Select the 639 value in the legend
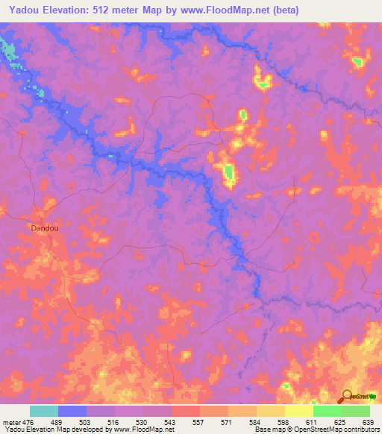pyautogui.click(x=366, y=422)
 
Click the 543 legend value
pyautogui.click(x=169, y=422)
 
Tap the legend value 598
pyautogui.click(x=281, y=422)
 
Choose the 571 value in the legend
pyautogui.click(x=225, y=422)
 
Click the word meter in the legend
pyautogui.click(x=11, y=422)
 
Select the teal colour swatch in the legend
pyautogui.click(x=44, y=411)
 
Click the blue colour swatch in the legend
pyautogui.click(x=72, y=411)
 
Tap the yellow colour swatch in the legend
pyautogui.click(x=299, y=411)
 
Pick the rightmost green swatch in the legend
pyautogui.click(x=356, y=411)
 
